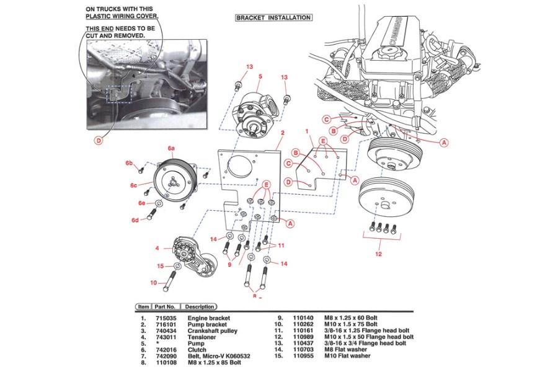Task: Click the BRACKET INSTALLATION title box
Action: (x=273, y=18)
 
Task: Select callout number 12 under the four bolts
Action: (x=378, y=253)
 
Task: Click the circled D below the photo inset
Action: (x=97, y=141)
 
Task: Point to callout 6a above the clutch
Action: (x=172, y=149)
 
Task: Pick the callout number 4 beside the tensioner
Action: (x=157, y=248)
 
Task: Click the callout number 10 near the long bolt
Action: (x=154, y=283)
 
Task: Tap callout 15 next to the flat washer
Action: (x=160, y=266)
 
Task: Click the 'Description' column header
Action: (x=200, y=306)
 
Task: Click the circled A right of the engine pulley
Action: (x=444, y=142)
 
